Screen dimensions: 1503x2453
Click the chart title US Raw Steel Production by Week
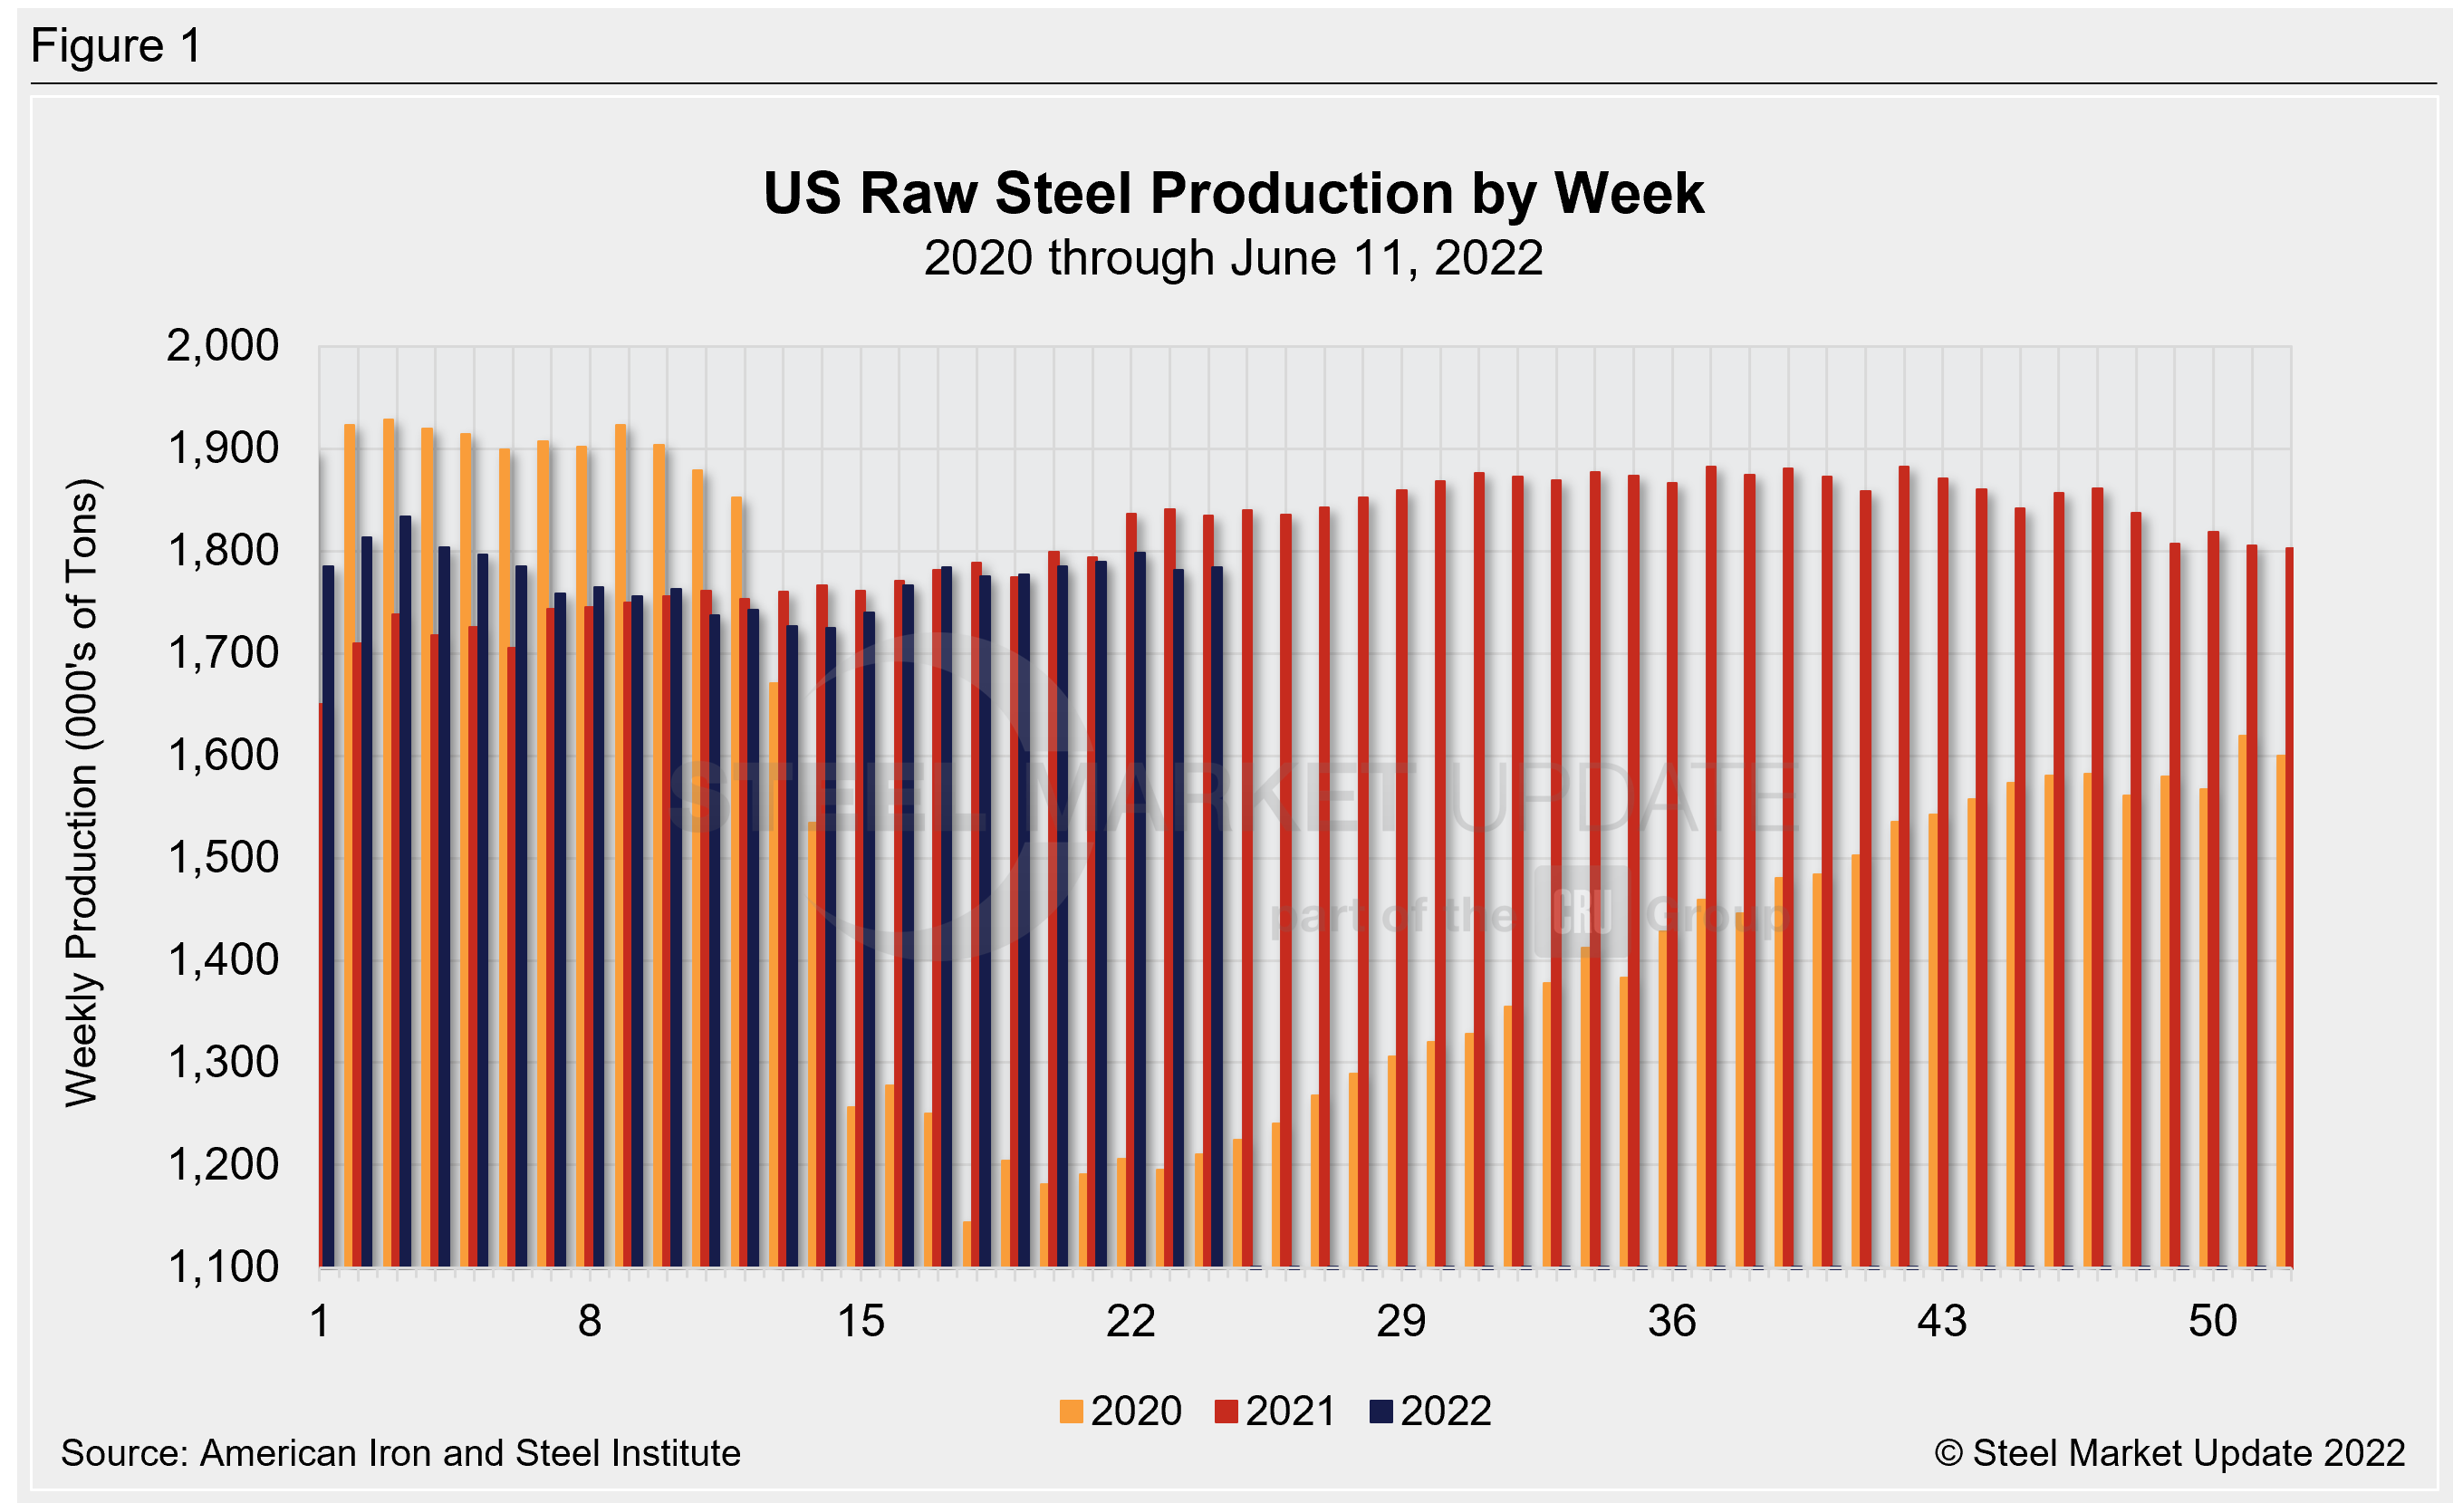tap(1233, 193)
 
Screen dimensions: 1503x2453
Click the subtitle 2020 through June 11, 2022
tap(1233, 259)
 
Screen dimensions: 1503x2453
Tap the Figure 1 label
tap(117, 47)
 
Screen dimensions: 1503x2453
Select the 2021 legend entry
tap(1275, 1411)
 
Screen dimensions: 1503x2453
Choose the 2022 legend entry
tap(1430, 1411)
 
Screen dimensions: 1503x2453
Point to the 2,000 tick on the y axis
tap(222, 346)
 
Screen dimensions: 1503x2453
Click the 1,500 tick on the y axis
tap(222, 858)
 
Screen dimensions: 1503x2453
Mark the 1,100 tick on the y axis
tap(222, 1267)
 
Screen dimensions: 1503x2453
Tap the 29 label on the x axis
tap(1400, 1322)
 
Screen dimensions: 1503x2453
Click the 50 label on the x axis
tap(2212, 1322)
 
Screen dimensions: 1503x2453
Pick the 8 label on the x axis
tap(590, 1322)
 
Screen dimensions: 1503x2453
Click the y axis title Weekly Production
tap(82, 793)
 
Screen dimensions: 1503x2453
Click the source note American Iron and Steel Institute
tap(400, 1453)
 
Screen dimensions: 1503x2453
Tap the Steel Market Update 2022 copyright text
tap(2169, 1453)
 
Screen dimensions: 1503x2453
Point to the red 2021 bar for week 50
tap(2213, 896)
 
